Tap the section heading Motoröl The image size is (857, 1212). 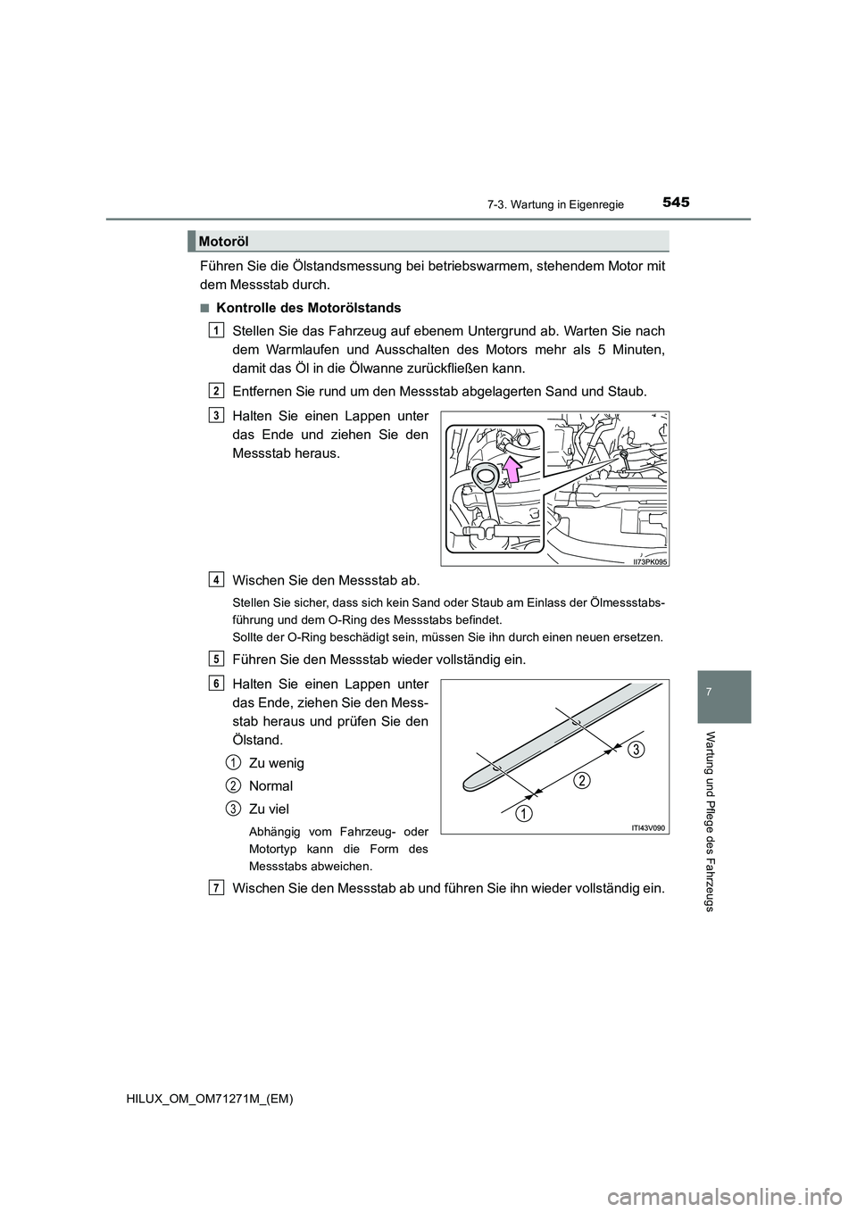click(x=223, y=241)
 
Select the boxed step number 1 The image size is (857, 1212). click(x=217, y=330)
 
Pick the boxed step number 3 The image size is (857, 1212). click(x=217, y=414)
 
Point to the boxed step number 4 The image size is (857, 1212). click(x=217, y=579)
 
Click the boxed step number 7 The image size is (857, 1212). click(x=217, y=886)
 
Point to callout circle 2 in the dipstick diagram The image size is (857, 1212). click(x=581, y=782)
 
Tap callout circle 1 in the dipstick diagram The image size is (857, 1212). click(x=525, y=813)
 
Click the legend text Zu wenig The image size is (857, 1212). click(x=276, y=763)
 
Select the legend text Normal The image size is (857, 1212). click(x=270, y=786)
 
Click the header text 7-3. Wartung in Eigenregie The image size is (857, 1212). click(x=566, y=205)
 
